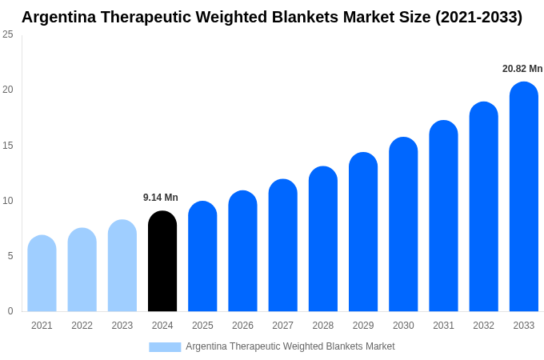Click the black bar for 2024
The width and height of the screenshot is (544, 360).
162,262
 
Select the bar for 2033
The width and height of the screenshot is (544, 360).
523,197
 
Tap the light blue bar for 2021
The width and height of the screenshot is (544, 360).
42,274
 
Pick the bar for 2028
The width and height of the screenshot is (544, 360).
323,239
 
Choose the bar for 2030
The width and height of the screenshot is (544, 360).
403,225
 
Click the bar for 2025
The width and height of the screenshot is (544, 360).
202,257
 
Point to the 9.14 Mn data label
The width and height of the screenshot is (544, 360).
161,198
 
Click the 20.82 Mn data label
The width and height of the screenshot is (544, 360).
522,69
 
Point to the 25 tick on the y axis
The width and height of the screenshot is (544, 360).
8,34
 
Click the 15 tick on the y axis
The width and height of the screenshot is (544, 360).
8,146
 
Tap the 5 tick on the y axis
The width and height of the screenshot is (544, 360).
10,256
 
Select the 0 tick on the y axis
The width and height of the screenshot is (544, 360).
10,311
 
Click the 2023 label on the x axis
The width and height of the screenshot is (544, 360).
122,326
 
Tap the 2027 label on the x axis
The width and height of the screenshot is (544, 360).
282,326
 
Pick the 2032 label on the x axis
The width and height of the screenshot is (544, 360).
483,326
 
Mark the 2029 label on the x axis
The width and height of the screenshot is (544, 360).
363,326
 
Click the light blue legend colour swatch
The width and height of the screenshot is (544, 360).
165,346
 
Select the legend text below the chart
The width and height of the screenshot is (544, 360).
290,346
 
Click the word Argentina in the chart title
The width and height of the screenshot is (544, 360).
58,17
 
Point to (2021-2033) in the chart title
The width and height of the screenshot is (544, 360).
478,17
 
